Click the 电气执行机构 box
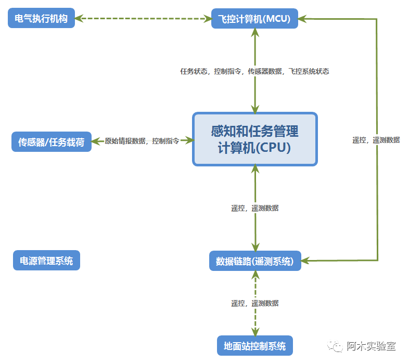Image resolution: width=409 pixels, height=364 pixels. (x=42, y=19)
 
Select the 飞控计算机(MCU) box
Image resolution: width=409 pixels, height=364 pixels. (x=254, y=19)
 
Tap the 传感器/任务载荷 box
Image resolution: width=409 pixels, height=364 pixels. (x=51, y=141)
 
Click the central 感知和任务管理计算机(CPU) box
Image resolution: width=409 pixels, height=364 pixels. (x=254, y=139)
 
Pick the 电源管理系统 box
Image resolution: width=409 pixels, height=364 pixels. (x=46, y=261)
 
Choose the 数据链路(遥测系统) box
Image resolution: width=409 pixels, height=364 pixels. (x=255, y=261)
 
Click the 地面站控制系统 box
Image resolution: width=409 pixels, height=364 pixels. (x=255, y=346)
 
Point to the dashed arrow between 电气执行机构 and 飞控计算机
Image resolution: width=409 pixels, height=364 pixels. (x=143, y=19)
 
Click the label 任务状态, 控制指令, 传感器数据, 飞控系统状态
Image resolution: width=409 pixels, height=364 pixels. (x=254, y=71)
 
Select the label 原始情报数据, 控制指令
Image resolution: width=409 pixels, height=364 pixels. (x=142, y=141)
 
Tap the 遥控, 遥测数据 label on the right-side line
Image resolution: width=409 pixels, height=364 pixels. (x=376, y=139)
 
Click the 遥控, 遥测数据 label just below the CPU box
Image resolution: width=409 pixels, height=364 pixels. (x=255, y=208)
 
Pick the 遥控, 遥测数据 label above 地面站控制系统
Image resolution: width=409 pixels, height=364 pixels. (x=255, y=303)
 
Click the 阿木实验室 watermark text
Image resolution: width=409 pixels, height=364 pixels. (x=372, y=346)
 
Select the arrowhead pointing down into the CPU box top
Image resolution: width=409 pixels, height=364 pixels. (x=255, y=109)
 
